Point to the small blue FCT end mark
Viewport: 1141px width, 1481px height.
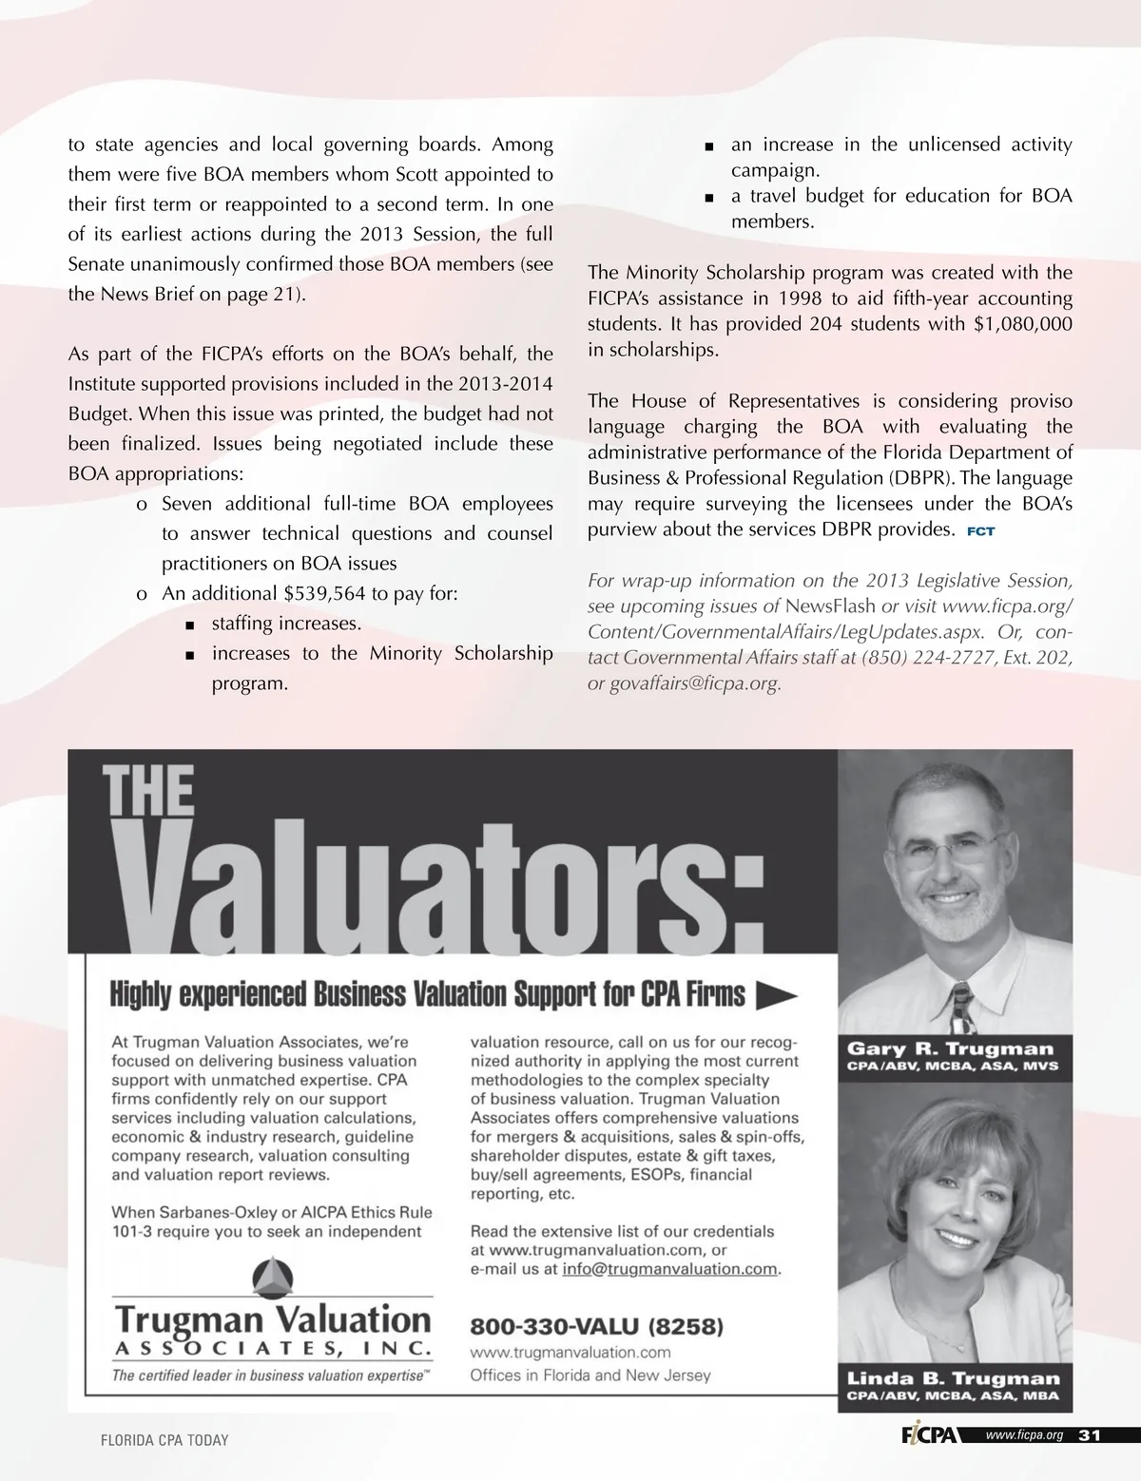click(980, 531)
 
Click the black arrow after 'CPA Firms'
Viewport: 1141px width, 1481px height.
click(776, 995)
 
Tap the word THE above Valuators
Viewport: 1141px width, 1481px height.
click(148, 794)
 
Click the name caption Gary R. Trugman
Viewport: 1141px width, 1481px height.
click(950, 1049)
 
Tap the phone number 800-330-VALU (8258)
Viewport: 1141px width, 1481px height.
click(597, 1326)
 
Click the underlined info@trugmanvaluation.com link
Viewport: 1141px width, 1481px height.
click(669, 1269)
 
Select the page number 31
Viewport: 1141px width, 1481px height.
click(1090, 1435)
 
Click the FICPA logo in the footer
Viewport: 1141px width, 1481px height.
click(930, 1435)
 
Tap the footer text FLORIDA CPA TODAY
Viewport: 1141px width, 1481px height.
click(164, 1440)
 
